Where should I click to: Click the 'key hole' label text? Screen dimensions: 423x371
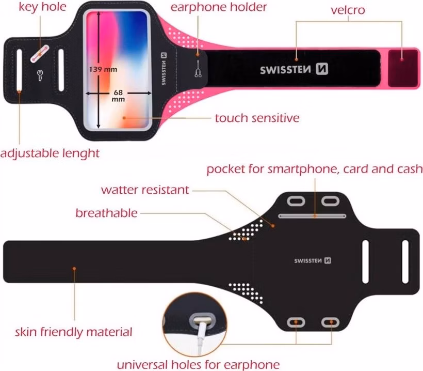pos(42,7)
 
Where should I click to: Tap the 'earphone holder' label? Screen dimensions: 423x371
pos(219,7)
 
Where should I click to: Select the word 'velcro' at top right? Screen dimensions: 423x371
pos(348,10)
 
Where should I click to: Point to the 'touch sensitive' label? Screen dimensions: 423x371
pos(257,118)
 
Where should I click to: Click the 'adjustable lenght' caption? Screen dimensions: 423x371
pos(50,153)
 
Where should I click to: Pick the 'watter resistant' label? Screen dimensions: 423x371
pos(145,190)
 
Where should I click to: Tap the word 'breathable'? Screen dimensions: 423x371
pos(107,213)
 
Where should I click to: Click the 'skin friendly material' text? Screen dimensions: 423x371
pos(73,332)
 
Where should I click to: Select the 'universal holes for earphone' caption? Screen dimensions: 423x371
pos(198,365)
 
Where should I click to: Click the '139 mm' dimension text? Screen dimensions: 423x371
pos(103,69)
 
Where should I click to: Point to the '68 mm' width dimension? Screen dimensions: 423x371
pos(118,96)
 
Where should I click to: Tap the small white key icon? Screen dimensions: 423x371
pos(40,75)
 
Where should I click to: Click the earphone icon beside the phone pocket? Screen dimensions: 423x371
pos(198,69)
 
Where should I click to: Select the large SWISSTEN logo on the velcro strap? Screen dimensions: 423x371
pos(294,69)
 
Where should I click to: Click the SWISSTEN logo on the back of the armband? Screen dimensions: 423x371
pos(313,260)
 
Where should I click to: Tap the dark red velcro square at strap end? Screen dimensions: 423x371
pos(403,68)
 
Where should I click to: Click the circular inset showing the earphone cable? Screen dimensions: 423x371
pos(195,325)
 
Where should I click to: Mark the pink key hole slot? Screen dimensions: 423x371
pos(40,54)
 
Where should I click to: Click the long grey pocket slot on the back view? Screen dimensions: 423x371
pos(312,216)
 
